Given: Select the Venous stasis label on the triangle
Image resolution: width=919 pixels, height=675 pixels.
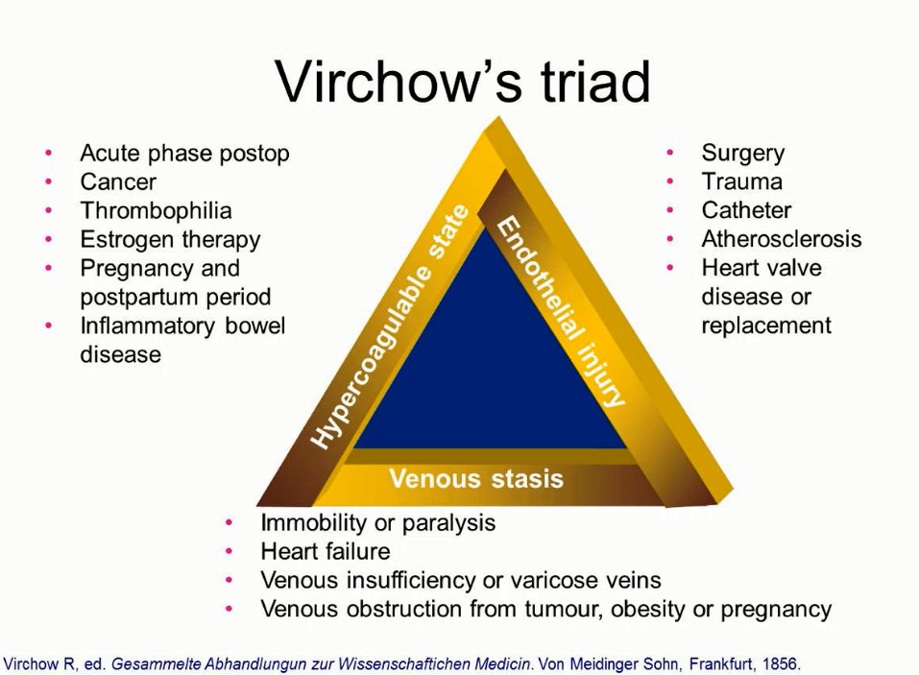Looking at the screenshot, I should pos(475,478).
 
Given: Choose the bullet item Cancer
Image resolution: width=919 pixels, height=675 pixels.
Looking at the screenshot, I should pos(117,181).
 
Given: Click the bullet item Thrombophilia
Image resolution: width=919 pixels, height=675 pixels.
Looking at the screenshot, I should pos(156,210).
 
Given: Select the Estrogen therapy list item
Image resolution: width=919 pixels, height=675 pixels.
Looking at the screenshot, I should pos(170,239).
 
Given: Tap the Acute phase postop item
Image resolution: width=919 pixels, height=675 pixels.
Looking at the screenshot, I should pos(184,153).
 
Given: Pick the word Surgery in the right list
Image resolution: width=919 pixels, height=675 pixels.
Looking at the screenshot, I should pos(742,153).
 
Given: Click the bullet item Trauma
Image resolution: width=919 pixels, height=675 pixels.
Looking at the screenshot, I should pos(741,181).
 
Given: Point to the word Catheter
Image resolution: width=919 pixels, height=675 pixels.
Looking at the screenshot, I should pos(746,210).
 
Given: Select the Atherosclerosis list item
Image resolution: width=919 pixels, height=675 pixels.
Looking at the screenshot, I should pos(781,239).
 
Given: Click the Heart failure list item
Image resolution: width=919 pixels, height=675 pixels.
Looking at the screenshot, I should pos(325,551).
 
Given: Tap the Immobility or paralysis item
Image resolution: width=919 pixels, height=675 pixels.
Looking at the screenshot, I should pos(377,522).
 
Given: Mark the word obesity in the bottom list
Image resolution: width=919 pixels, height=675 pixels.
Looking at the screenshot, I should pos(680,609).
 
